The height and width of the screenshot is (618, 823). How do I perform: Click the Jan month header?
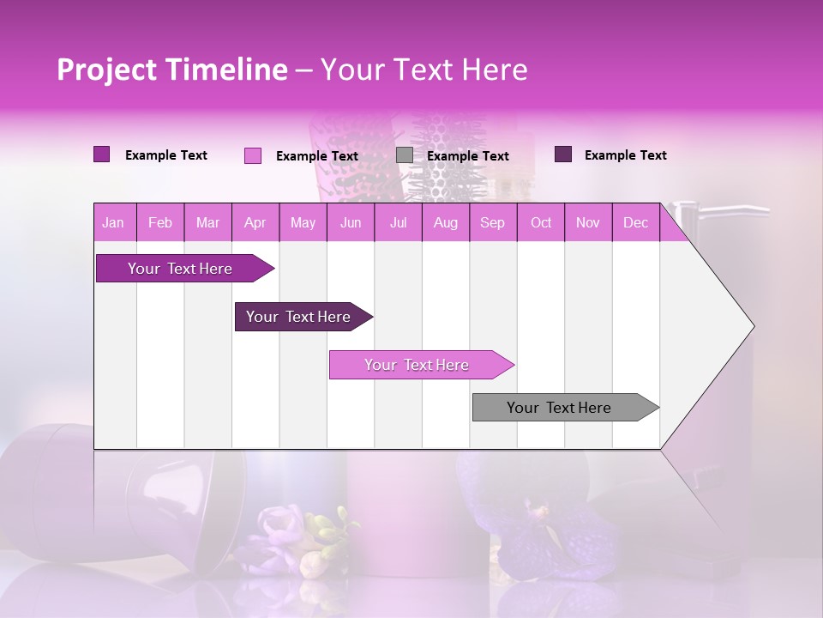click(113, 223)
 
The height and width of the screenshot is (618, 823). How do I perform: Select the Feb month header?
click(160, 223)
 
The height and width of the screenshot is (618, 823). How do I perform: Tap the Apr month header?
click(255, 223)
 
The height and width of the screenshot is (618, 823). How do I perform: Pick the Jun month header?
click(351, 223)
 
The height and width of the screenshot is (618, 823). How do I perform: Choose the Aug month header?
click(445, 223)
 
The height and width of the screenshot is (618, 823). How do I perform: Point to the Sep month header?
click(492, 223)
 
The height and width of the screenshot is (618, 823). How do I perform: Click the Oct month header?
click(541, 223)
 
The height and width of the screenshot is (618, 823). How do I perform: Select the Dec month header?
click(635, 223)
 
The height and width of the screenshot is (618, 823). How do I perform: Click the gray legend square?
click(405, 155)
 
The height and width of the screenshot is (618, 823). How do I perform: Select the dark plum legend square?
click(563, 154)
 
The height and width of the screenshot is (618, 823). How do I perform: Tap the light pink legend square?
click(253, 155)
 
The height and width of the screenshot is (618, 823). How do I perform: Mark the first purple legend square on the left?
click(102, 154)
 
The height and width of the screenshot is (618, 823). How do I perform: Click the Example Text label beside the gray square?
click(468, 156)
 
